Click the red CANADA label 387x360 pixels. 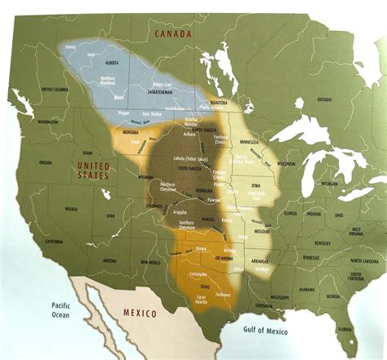pos(173,33)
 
